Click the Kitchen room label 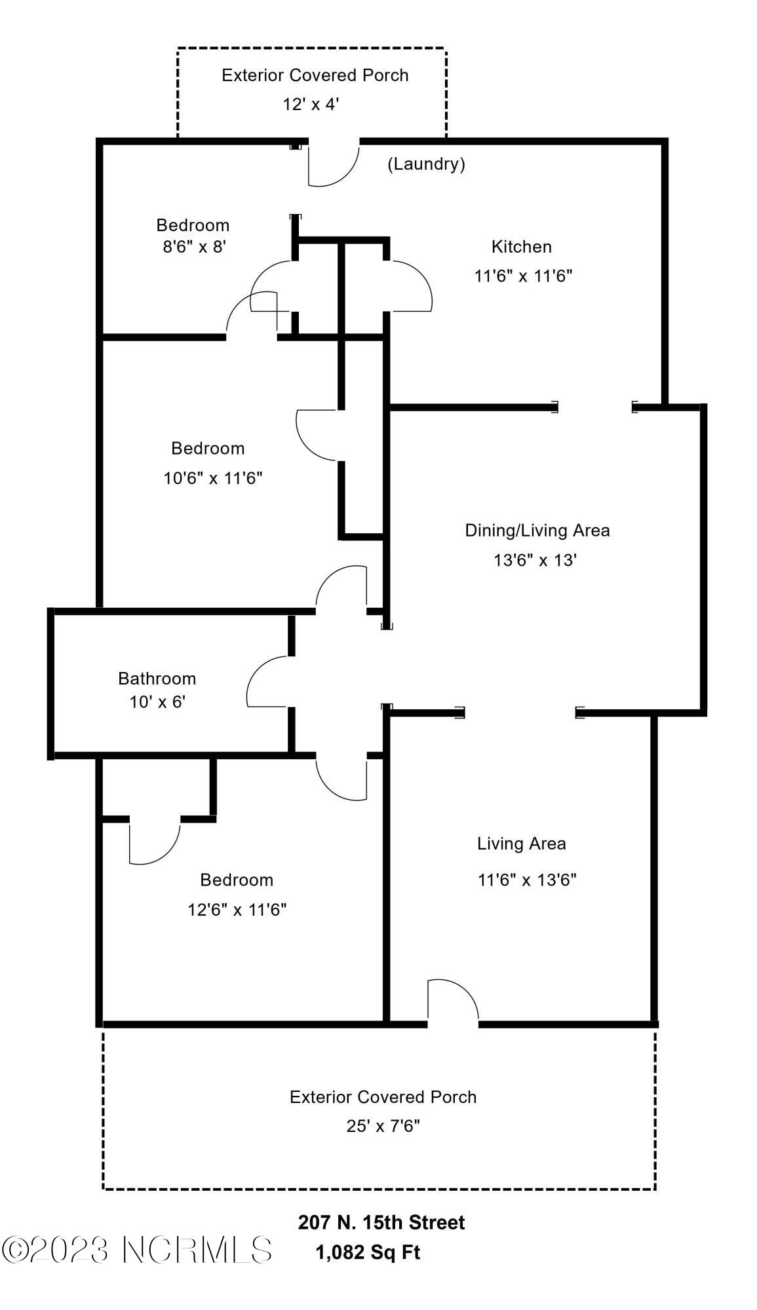521,246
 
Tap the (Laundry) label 426,164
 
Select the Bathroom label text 157,679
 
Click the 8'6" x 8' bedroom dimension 195,247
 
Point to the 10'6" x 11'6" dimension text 213,478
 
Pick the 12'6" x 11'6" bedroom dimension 237,910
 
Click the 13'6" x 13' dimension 535,560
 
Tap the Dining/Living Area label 537,531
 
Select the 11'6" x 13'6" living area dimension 527,880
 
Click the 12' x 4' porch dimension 311,104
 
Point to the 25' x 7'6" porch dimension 383,1126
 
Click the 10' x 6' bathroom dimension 157,702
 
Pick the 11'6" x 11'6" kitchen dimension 524,276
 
